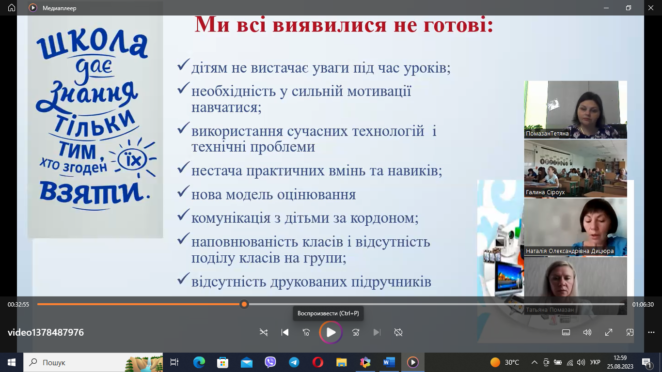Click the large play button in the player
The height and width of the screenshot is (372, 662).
tap(331, 332)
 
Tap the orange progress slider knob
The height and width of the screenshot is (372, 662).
tap(244, 304)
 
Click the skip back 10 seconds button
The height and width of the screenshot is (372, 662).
tap(306, 332)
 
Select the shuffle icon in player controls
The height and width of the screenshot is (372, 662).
tap(263, 332)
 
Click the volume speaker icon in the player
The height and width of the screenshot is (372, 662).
tap(587, 332)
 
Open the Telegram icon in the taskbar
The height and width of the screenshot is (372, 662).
tap(294, 362)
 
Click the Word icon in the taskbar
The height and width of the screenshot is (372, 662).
tap(389, 362)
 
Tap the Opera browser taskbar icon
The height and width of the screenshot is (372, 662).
tap(318, 362)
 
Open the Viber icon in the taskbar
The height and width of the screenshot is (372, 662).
tap(270, 362)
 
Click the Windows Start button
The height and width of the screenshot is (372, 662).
tap(12, 362)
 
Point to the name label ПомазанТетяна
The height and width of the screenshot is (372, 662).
tap(547, 134)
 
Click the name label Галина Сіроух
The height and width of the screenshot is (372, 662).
tap(545, 192)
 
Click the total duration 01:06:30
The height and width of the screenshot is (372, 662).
tap(643, 304)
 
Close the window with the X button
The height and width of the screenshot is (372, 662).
tap(651, 8)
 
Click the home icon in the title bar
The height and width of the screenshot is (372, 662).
tap(12, 8)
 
